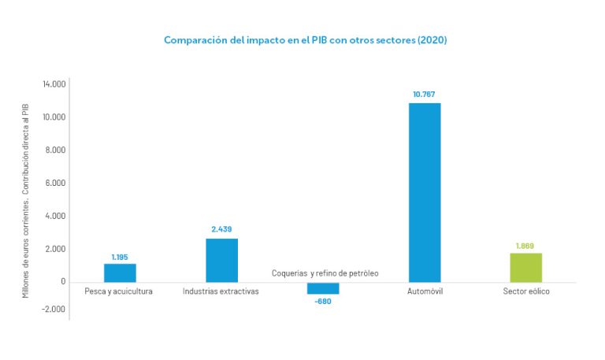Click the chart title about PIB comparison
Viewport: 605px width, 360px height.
click(x=305, y=39)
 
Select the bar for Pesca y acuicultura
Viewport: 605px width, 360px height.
click(x=120, y=273)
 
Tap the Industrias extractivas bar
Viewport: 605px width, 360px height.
click(x=221, y=260)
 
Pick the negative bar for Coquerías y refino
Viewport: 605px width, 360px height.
click(x=323, y=288)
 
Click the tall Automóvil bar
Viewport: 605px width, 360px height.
click(x=425, y=192)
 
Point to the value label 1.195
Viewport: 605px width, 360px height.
click(x=120, y=257)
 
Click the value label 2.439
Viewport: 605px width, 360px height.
click(x=221, y=229)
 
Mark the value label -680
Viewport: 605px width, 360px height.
click(x=323, y=301)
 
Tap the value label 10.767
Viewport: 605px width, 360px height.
click(x=424, y=95)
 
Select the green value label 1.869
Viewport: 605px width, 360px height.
click(x=525, y=246)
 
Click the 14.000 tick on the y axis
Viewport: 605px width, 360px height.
click(x=54, y=84)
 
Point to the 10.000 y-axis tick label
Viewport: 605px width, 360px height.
click(x=54, y=117)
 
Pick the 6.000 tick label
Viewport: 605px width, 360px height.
click(x=56, y=183)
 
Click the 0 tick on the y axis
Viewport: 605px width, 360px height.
click(x=63, y=282)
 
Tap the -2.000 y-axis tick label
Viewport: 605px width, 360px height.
click(x=54, y=309)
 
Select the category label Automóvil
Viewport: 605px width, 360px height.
click(x=425, y=291)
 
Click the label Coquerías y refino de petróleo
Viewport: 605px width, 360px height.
click(x=325, y=273)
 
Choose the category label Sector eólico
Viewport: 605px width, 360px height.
click(x=525, y=291)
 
